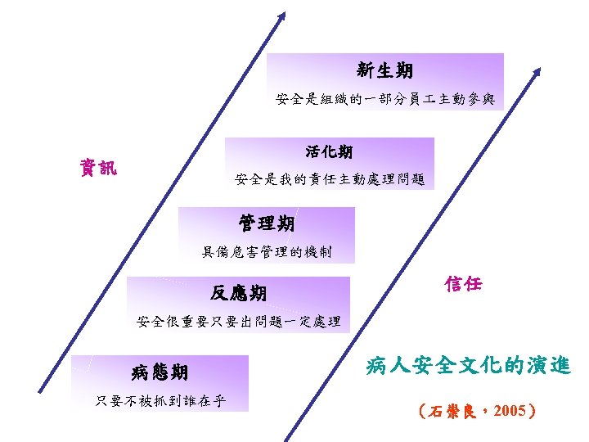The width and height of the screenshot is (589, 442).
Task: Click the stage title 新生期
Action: [384, 70]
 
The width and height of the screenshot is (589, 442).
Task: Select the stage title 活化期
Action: [329, 151]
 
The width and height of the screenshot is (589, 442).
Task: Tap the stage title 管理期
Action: [267, 223]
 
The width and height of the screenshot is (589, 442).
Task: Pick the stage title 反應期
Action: [237, 293]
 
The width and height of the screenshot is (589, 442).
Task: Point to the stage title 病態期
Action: [160, 373]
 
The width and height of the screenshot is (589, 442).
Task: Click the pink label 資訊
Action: [97, 169]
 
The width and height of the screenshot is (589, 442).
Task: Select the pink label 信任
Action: [463, 284]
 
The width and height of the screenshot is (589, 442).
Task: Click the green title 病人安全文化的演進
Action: [468, 365]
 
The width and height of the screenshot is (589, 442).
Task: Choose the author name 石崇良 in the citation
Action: [447, 411]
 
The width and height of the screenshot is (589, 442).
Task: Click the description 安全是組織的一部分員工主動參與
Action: [384, 100]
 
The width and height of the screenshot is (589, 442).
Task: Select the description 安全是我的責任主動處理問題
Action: [330, 179]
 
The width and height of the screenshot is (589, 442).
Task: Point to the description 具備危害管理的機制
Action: [267, 252]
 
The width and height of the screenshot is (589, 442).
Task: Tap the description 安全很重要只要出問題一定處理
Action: [238, 321]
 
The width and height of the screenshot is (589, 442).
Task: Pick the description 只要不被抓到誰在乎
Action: [160, 401]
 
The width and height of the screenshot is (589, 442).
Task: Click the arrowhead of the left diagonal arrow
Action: [281, 16]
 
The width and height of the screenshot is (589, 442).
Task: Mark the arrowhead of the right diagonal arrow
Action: [537, 73]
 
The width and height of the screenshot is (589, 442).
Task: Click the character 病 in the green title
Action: [377, 365]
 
